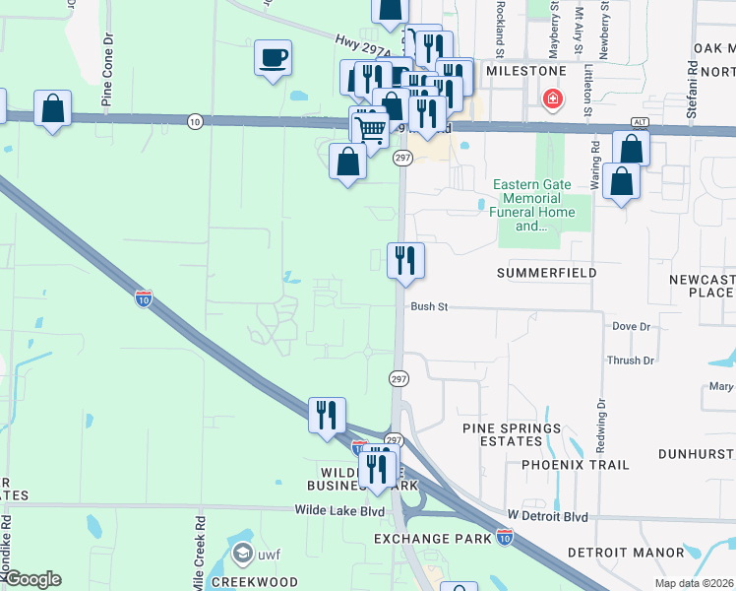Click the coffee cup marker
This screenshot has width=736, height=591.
point(273,57)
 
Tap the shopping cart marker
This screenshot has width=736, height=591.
point(371,127)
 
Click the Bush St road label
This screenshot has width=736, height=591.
point(430,307)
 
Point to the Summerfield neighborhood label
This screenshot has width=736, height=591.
point(546,272)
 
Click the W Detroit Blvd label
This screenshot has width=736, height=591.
point(547,516)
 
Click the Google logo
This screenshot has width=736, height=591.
point(31,579)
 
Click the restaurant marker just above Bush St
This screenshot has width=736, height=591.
point(405,261)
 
